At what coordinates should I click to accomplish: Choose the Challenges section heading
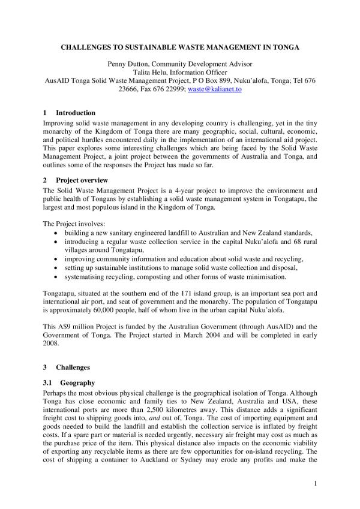[73, 366]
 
